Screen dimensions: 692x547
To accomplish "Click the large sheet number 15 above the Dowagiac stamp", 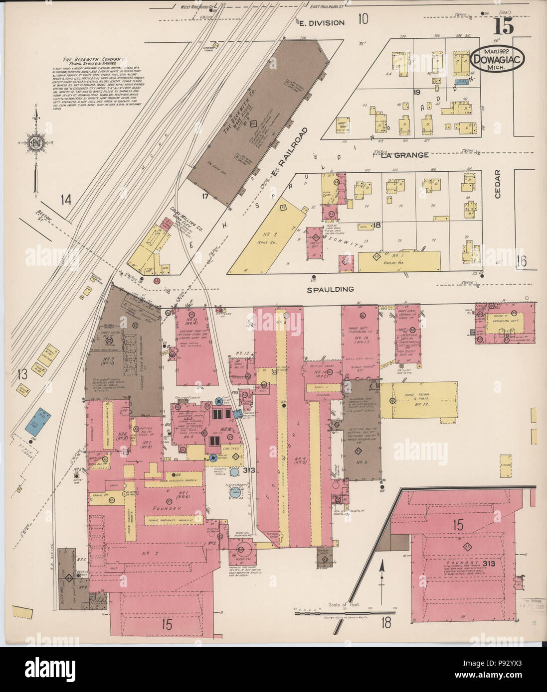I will (505, 26).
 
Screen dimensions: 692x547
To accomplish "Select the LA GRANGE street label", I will (404, 155).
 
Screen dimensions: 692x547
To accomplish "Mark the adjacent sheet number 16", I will (521, 260).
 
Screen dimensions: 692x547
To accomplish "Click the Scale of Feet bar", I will (343, 613).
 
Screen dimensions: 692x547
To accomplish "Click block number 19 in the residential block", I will (417, 93).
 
